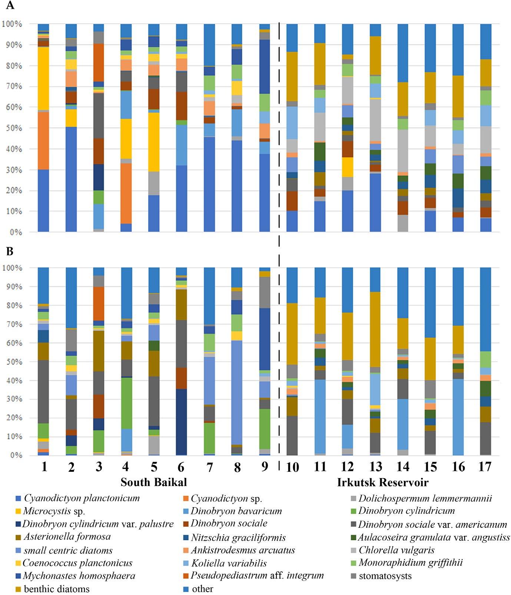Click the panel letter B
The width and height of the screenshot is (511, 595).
click(10, 252)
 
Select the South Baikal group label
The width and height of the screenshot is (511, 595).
click(154, 482)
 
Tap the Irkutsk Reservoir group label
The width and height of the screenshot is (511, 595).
click(383, 482)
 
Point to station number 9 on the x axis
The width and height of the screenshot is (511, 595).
click(264, 467)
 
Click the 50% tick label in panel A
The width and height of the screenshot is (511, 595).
click(13, 128)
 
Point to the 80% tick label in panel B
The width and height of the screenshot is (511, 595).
click(13, 305)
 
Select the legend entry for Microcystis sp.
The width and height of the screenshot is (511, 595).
click(54, 511)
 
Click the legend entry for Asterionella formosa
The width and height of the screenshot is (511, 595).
click(67, 537)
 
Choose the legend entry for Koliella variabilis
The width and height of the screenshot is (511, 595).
click(229, 563)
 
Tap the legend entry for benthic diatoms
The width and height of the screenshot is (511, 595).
click(57, 589)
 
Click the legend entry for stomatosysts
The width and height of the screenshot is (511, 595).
click(385, 576)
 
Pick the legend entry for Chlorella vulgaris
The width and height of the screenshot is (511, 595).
click(396, 550)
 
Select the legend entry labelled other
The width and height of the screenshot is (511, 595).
click(202, 589)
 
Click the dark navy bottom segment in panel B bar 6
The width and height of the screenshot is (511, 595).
click(181, 422)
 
